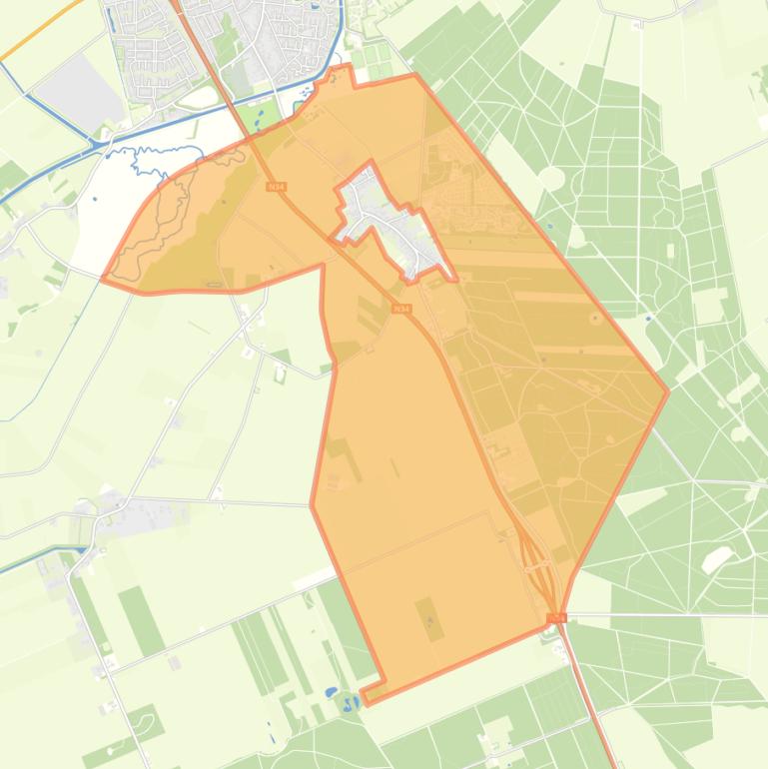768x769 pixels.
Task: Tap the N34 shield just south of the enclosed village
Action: point(400,310)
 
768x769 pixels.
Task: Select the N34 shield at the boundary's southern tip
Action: point(557,618)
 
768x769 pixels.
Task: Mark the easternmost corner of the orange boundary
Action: point(667,391)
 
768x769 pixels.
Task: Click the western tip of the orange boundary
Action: point(103,280)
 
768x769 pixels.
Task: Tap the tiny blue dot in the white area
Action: point(95,199)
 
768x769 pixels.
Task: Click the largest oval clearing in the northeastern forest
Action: point(551,177)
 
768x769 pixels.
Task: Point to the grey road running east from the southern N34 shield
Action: point(659,613)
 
